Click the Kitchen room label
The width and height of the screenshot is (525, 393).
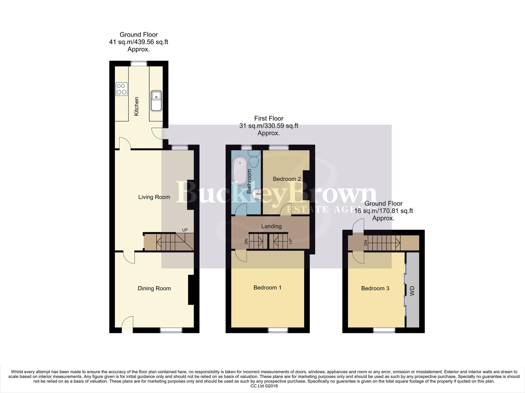[137, 106]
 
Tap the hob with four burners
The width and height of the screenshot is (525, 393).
[121, 89]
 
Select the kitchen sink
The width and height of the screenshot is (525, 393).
[156, 100]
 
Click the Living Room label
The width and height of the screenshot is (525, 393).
[154, 197]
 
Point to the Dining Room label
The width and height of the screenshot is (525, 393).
[154, 289]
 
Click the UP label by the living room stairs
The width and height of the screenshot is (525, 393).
[185, 230]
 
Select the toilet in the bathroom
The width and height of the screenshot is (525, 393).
[254, 159]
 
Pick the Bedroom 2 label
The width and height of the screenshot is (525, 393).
[287, 179]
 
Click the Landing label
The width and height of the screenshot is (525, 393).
[271, 226]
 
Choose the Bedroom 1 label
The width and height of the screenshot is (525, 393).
[267, 288]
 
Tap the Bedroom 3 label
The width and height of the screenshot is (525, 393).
[375, 289]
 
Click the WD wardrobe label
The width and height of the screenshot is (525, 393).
[412, 291]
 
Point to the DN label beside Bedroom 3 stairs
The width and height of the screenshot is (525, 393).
[365, 243]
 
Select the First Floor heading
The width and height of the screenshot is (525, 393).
[269, 118]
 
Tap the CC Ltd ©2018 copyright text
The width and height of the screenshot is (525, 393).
[264, 386]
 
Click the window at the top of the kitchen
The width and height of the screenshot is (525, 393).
[139, 63]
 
